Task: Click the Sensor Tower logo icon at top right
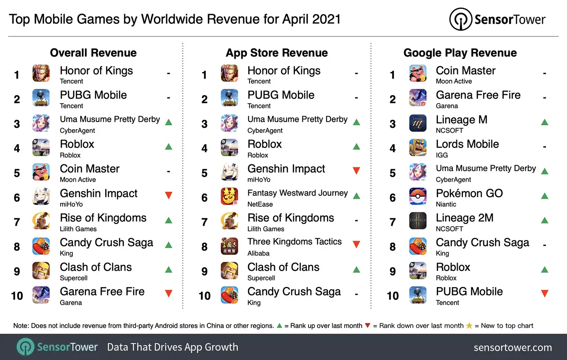click(461, 19)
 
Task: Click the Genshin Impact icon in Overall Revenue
click(41, 197)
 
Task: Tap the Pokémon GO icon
click(418, 196)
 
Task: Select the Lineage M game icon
click(418, 123)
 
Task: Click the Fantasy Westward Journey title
click(297, 193)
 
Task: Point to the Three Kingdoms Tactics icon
click(230, 246)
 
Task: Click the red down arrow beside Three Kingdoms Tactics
click(356, 245)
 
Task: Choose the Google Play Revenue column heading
click(460, 53)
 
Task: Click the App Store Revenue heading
click(277, 53)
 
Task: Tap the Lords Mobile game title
click(467, 144)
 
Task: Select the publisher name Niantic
click(446, 204)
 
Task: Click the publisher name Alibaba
click(258, 253)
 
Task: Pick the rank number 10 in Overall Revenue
click(17, 296)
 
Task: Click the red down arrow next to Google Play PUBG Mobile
click(544, 293)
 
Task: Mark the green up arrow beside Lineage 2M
click(544, 220)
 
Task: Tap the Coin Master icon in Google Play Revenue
click(418, 74)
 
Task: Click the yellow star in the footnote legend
click(469, 326)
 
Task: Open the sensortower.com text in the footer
click(513, 347)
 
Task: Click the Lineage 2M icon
click(418, 221)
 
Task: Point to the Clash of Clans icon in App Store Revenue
click(230, 270)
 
